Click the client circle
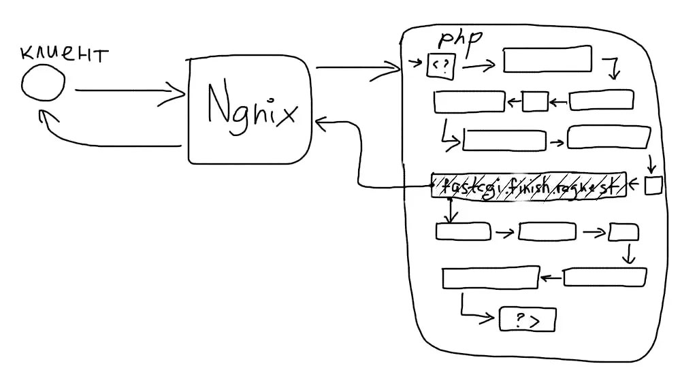pyautogui.click(x=44, y=86)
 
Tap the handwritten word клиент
pyautogui.click(x=63, y=54)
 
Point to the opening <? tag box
pyautogui.click(x=440, y=65)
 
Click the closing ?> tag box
pyautogui.click(x=528, y=319)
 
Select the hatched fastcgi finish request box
pyautogui.click(x=528, y=185)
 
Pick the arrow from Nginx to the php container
pyautogui.click(x=357, y=67)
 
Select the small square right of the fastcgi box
pyautogui.click(x=653, y=186)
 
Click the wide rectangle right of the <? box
pyautogui.click(x=547, y=60)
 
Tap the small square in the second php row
pyautogui.click(x=535, y=102)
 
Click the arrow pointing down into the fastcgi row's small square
pyautogui.click(x=651, y=164)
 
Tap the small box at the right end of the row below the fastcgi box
pyautogui.click(x=623, y=232)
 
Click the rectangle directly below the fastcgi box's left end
pyautogui.click(x=463, y=231)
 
